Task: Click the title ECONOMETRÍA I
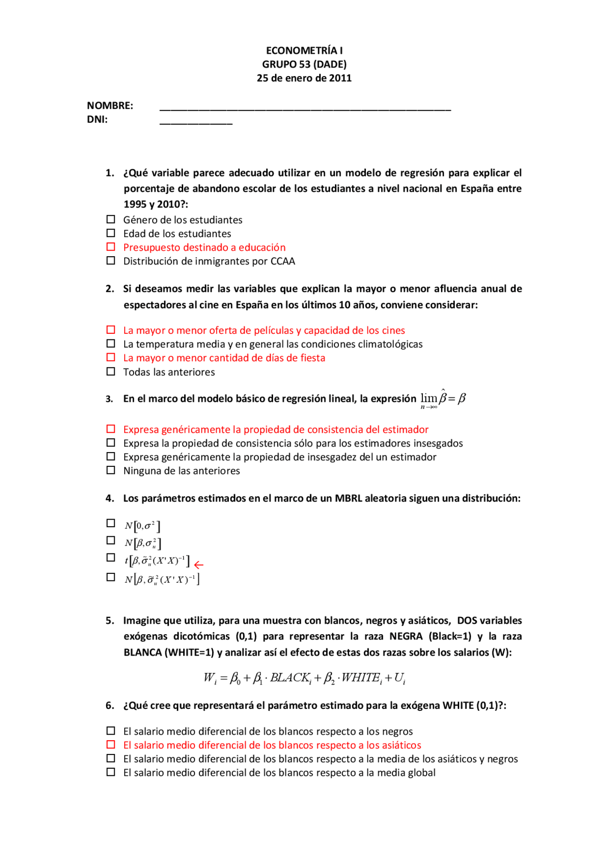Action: [304, 50]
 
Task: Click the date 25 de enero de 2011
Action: [304, 78]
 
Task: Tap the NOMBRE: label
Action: [110, 106]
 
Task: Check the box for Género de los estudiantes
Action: [111, 219]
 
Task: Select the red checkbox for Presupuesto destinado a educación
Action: [111, 247]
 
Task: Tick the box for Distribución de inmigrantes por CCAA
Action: [111, 261]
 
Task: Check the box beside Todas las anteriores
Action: [111, 371]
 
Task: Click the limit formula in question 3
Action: [443, 399]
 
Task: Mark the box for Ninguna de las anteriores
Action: [111, 470]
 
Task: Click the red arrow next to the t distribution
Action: [199, 565]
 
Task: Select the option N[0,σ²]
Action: [111, 523]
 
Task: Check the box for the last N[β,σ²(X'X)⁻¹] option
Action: [111, 577]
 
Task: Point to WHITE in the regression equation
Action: [361, 677]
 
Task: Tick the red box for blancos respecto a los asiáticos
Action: [111, 745]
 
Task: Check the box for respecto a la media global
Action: [111, 772]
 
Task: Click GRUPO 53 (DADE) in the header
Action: [304, 64]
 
